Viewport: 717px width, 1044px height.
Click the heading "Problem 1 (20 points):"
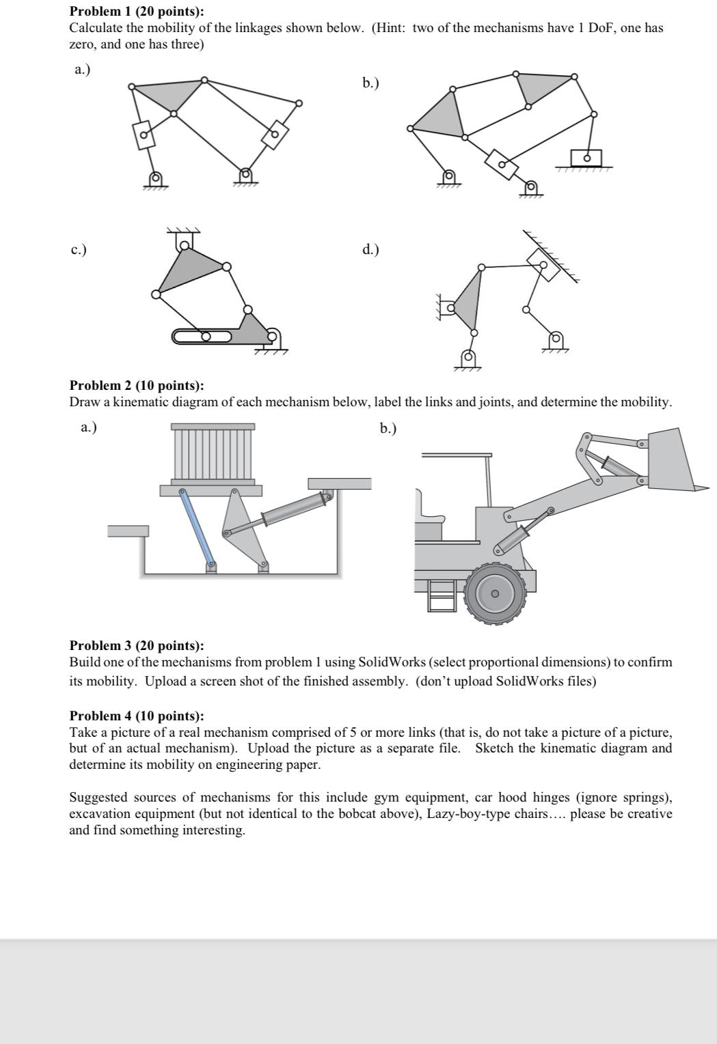(x=137, y=12)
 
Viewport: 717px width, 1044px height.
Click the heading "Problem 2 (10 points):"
(x=137, y=386)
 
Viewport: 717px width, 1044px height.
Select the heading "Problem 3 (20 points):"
(x=137, y=645)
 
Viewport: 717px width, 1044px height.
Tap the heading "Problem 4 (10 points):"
(x=137, y=716)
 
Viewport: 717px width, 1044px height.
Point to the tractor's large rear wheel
(x=496, y=593)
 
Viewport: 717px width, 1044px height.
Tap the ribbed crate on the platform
(x=213, y=454)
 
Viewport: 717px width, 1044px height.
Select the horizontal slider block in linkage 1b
(x=586, y=158)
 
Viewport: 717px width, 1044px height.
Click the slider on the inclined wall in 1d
(x=544, y=263)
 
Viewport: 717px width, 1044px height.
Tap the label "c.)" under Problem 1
(x=79, y=249)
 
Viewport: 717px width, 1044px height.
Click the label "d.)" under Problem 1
(x=370, y=249)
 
